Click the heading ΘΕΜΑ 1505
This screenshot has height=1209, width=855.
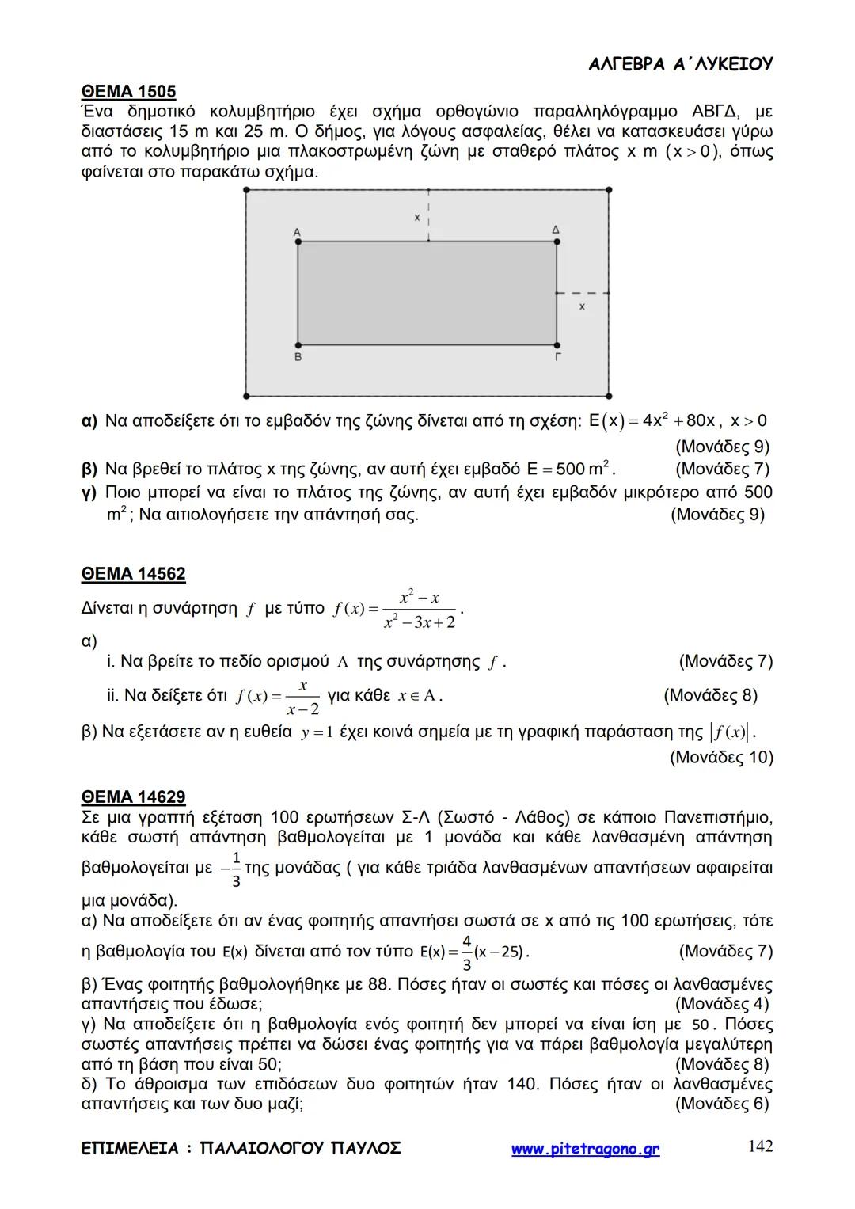coord(129,91)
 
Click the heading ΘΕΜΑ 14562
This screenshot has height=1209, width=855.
coord(134,573)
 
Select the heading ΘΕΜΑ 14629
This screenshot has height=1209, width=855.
coord(134,796)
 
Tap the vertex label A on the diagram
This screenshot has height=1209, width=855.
coord(297,232)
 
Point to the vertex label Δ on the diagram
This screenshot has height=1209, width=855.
coord(556,230)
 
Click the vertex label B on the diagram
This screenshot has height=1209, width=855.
coord(298,357)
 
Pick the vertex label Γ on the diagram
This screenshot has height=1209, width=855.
coord(557,357)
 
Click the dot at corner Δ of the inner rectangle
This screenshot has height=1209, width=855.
coord(557,241)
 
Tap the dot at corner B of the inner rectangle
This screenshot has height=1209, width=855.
coord(298,345)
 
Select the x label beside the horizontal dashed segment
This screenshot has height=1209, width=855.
coord(582,306)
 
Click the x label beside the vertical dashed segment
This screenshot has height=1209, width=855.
coord(416,216)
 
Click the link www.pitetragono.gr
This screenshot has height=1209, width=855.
coord(585,1149)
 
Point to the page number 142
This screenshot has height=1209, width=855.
coord(760,1146)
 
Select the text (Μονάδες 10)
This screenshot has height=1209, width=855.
coord(720,757)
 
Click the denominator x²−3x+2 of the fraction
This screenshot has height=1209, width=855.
coord(420,622)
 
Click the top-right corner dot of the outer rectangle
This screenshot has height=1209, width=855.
coord(608,190)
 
